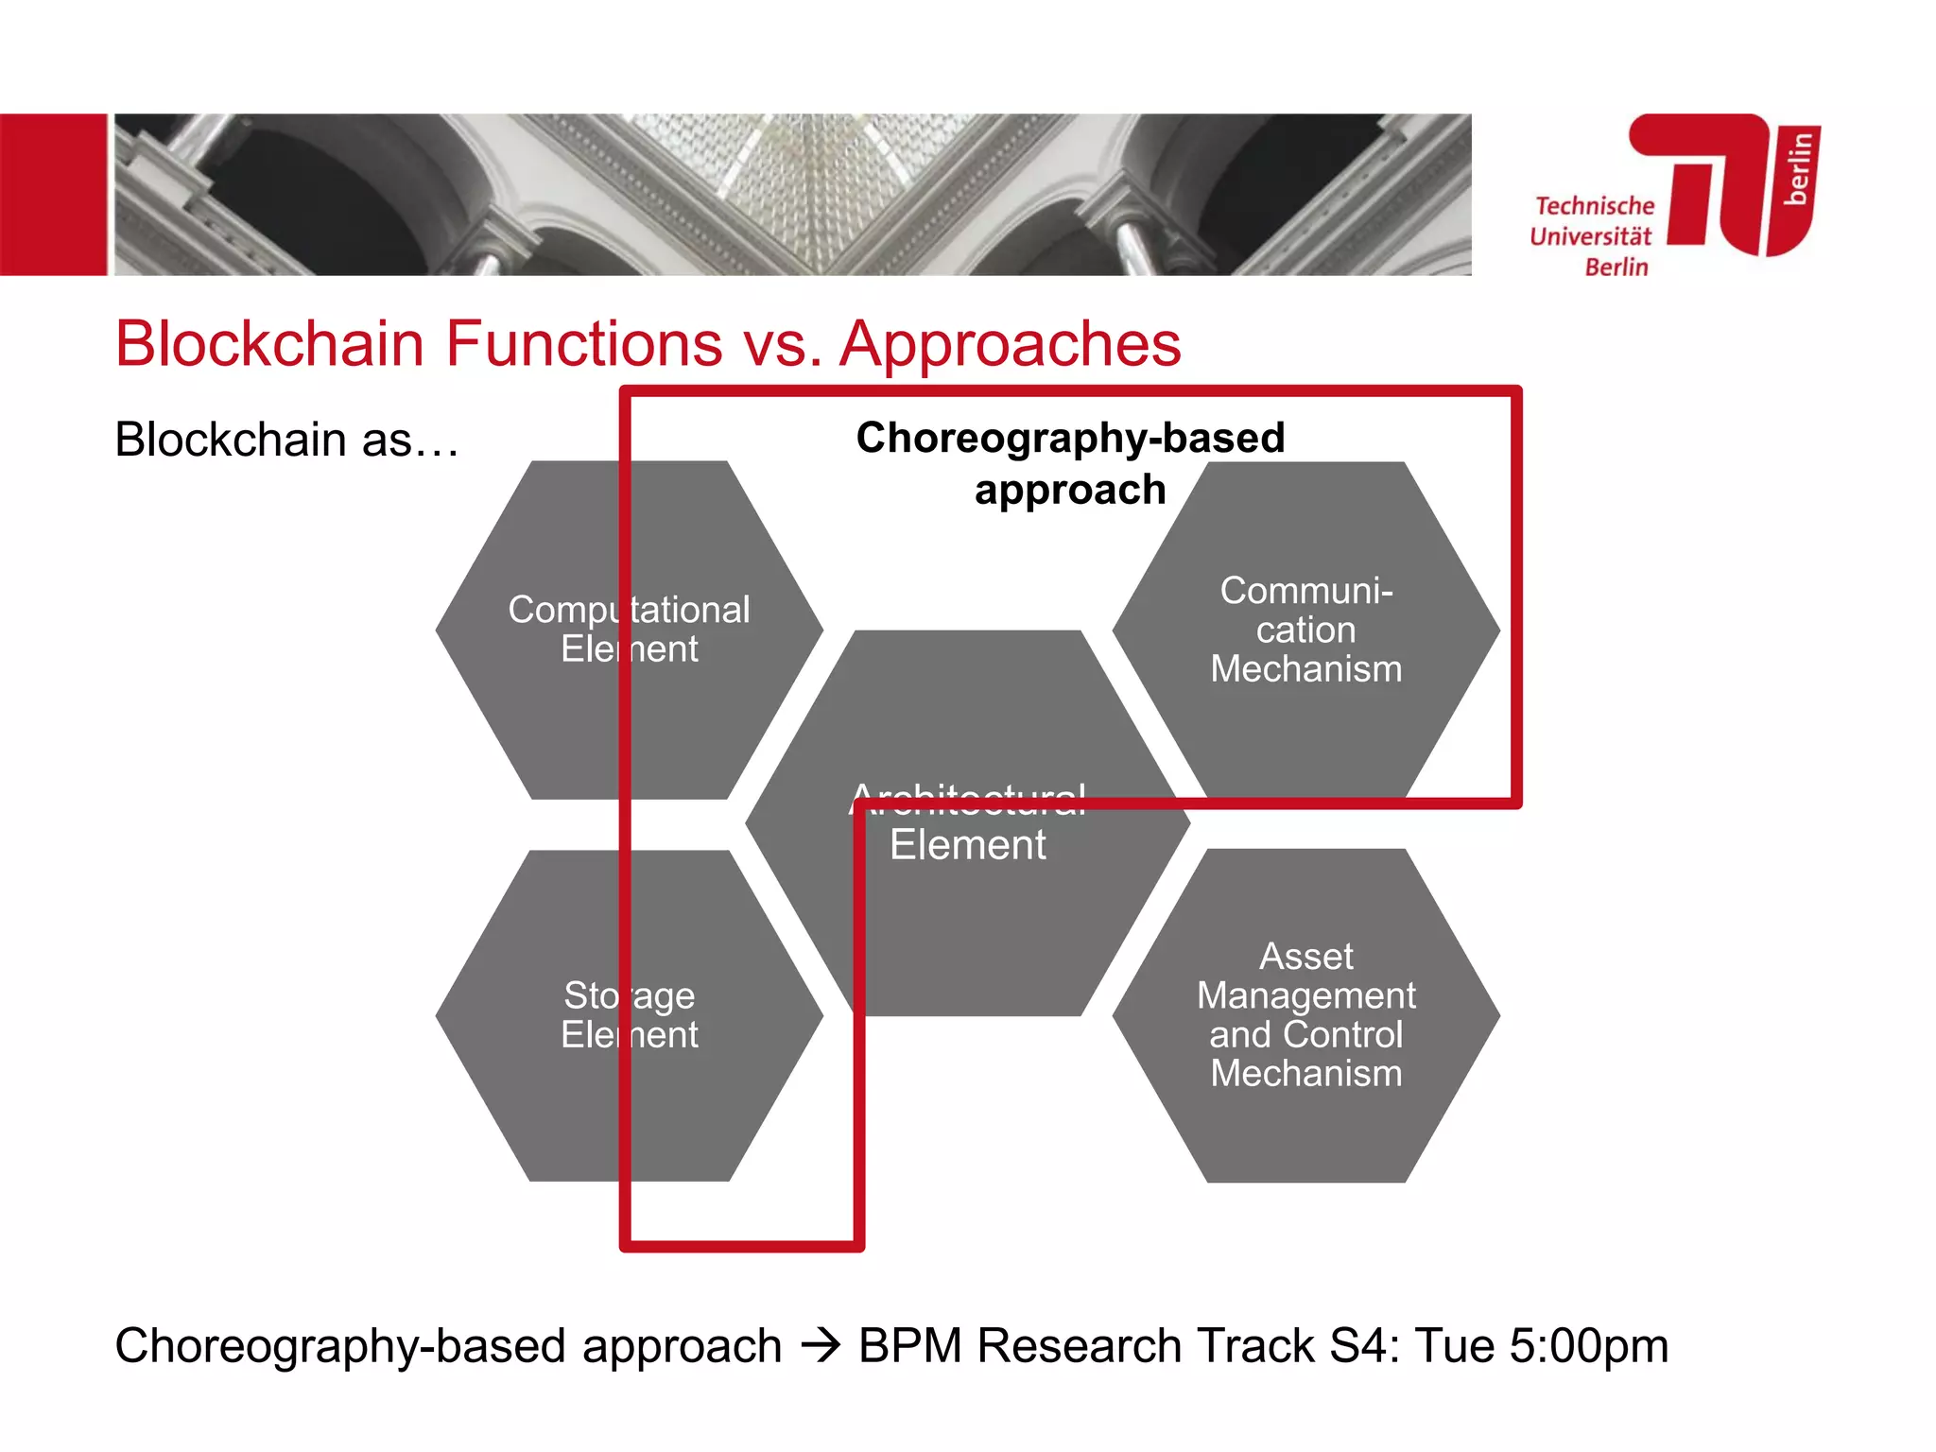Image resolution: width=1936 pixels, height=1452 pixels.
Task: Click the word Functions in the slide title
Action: coord(583,343)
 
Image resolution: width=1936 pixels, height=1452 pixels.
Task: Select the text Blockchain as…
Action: coord(286,441)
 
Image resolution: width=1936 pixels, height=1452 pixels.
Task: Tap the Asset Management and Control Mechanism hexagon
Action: coord(1305,1015)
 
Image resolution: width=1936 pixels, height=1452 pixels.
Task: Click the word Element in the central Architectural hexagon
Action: coord(967,845)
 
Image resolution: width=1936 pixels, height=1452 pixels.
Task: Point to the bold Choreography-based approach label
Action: coord(1070,463)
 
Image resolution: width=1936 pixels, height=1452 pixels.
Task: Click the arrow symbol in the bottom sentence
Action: coord(820,1346)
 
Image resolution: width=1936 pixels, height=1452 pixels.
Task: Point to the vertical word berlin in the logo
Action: coord(1798,168)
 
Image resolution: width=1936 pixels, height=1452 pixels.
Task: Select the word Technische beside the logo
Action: coord(1595,206)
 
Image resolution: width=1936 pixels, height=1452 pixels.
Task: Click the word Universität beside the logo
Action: coord(1590,236)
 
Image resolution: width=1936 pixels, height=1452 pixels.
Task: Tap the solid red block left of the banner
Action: coord(53,195)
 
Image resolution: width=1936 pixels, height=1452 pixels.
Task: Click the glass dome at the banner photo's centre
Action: coord(794,180)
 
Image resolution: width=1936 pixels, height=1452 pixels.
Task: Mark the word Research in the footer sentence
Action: coord(1079,1346)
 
